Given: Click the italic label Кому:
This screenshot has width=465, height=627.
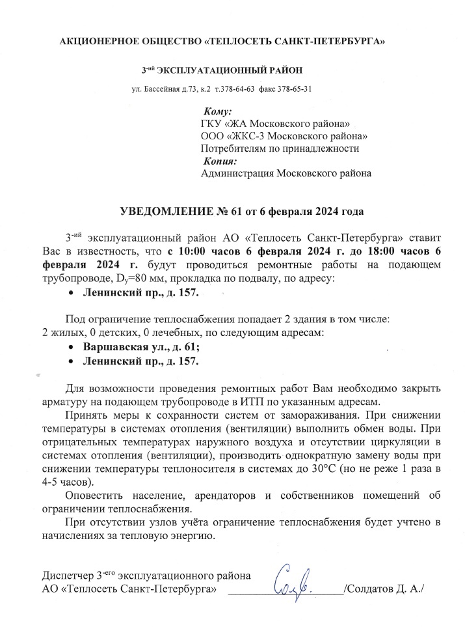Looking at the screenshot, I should tap(218, 112).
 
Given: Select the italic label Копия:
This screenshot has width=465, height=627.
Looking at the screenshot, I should tap(220, 161).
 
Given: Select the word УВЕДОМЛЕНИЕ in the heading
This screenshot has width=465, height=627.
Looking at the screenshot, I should tap(165, 212).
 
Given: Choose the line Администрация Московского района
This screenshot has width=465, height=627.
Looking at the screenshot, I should tap(286, 173).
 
